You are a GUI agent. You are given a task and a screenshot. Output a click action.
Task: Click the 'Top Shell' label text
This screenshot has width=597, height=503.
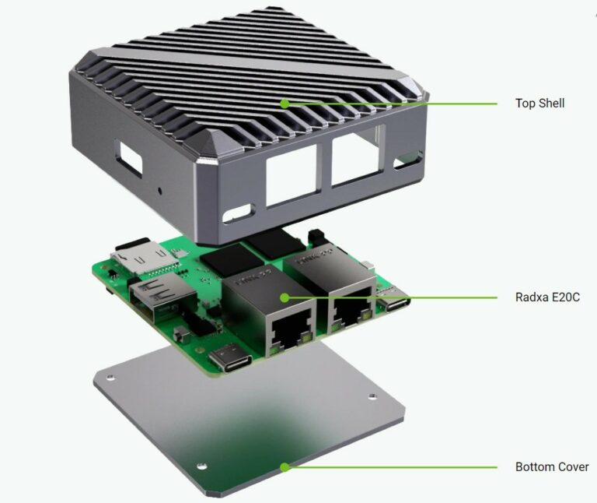point(539,103)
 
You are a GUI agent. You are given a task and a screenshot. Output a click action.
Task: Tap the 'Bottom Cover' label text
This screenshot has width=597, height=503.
point(551,467)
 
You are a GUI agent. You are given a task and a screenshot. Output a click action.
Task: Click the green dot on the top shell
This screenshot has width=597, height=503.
point(285,103)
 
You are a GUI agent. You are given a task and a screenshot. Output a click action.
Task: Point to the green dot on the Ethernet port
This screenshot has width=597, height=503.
point(285,297)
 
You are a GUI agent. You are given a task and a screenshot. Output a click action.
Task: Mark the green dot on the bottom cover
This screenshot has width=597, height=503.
point(285,467)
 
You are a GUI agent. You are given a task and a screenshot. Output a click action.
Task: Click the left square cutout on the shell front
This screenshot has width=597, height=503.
point(291,172)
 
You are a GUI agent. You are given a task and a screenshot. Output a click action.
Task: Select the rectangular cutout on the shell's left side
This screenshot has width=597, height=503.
point(127,157)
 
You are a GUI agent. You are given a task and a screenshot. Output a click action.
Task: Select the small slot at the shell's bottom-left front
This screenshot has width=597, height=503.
point(239,211)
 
